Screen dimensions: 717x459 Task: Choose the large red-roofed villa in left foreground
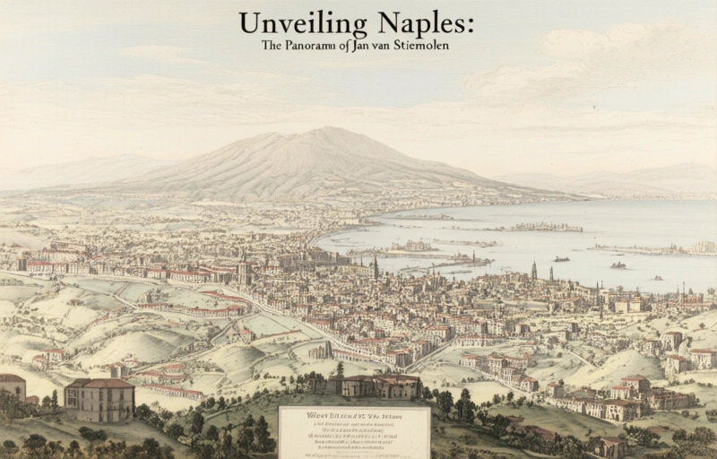click(x=99, y=398)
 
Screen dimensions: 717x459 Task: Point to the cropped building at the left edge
click(x=12, y=386)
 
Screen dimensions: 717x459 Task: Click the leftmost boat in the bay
click(x=561, y=259)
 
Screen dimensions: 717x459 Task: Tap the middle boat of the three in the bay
click(x=618, y=265)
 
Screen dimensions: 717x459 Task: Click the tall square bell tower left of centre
click(x=243, y=266)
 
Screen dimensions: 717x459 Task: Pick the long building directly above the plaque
click(x=374, y=385)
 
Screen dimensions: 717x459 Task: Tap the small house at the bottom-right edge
click(x=613, y=446)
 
